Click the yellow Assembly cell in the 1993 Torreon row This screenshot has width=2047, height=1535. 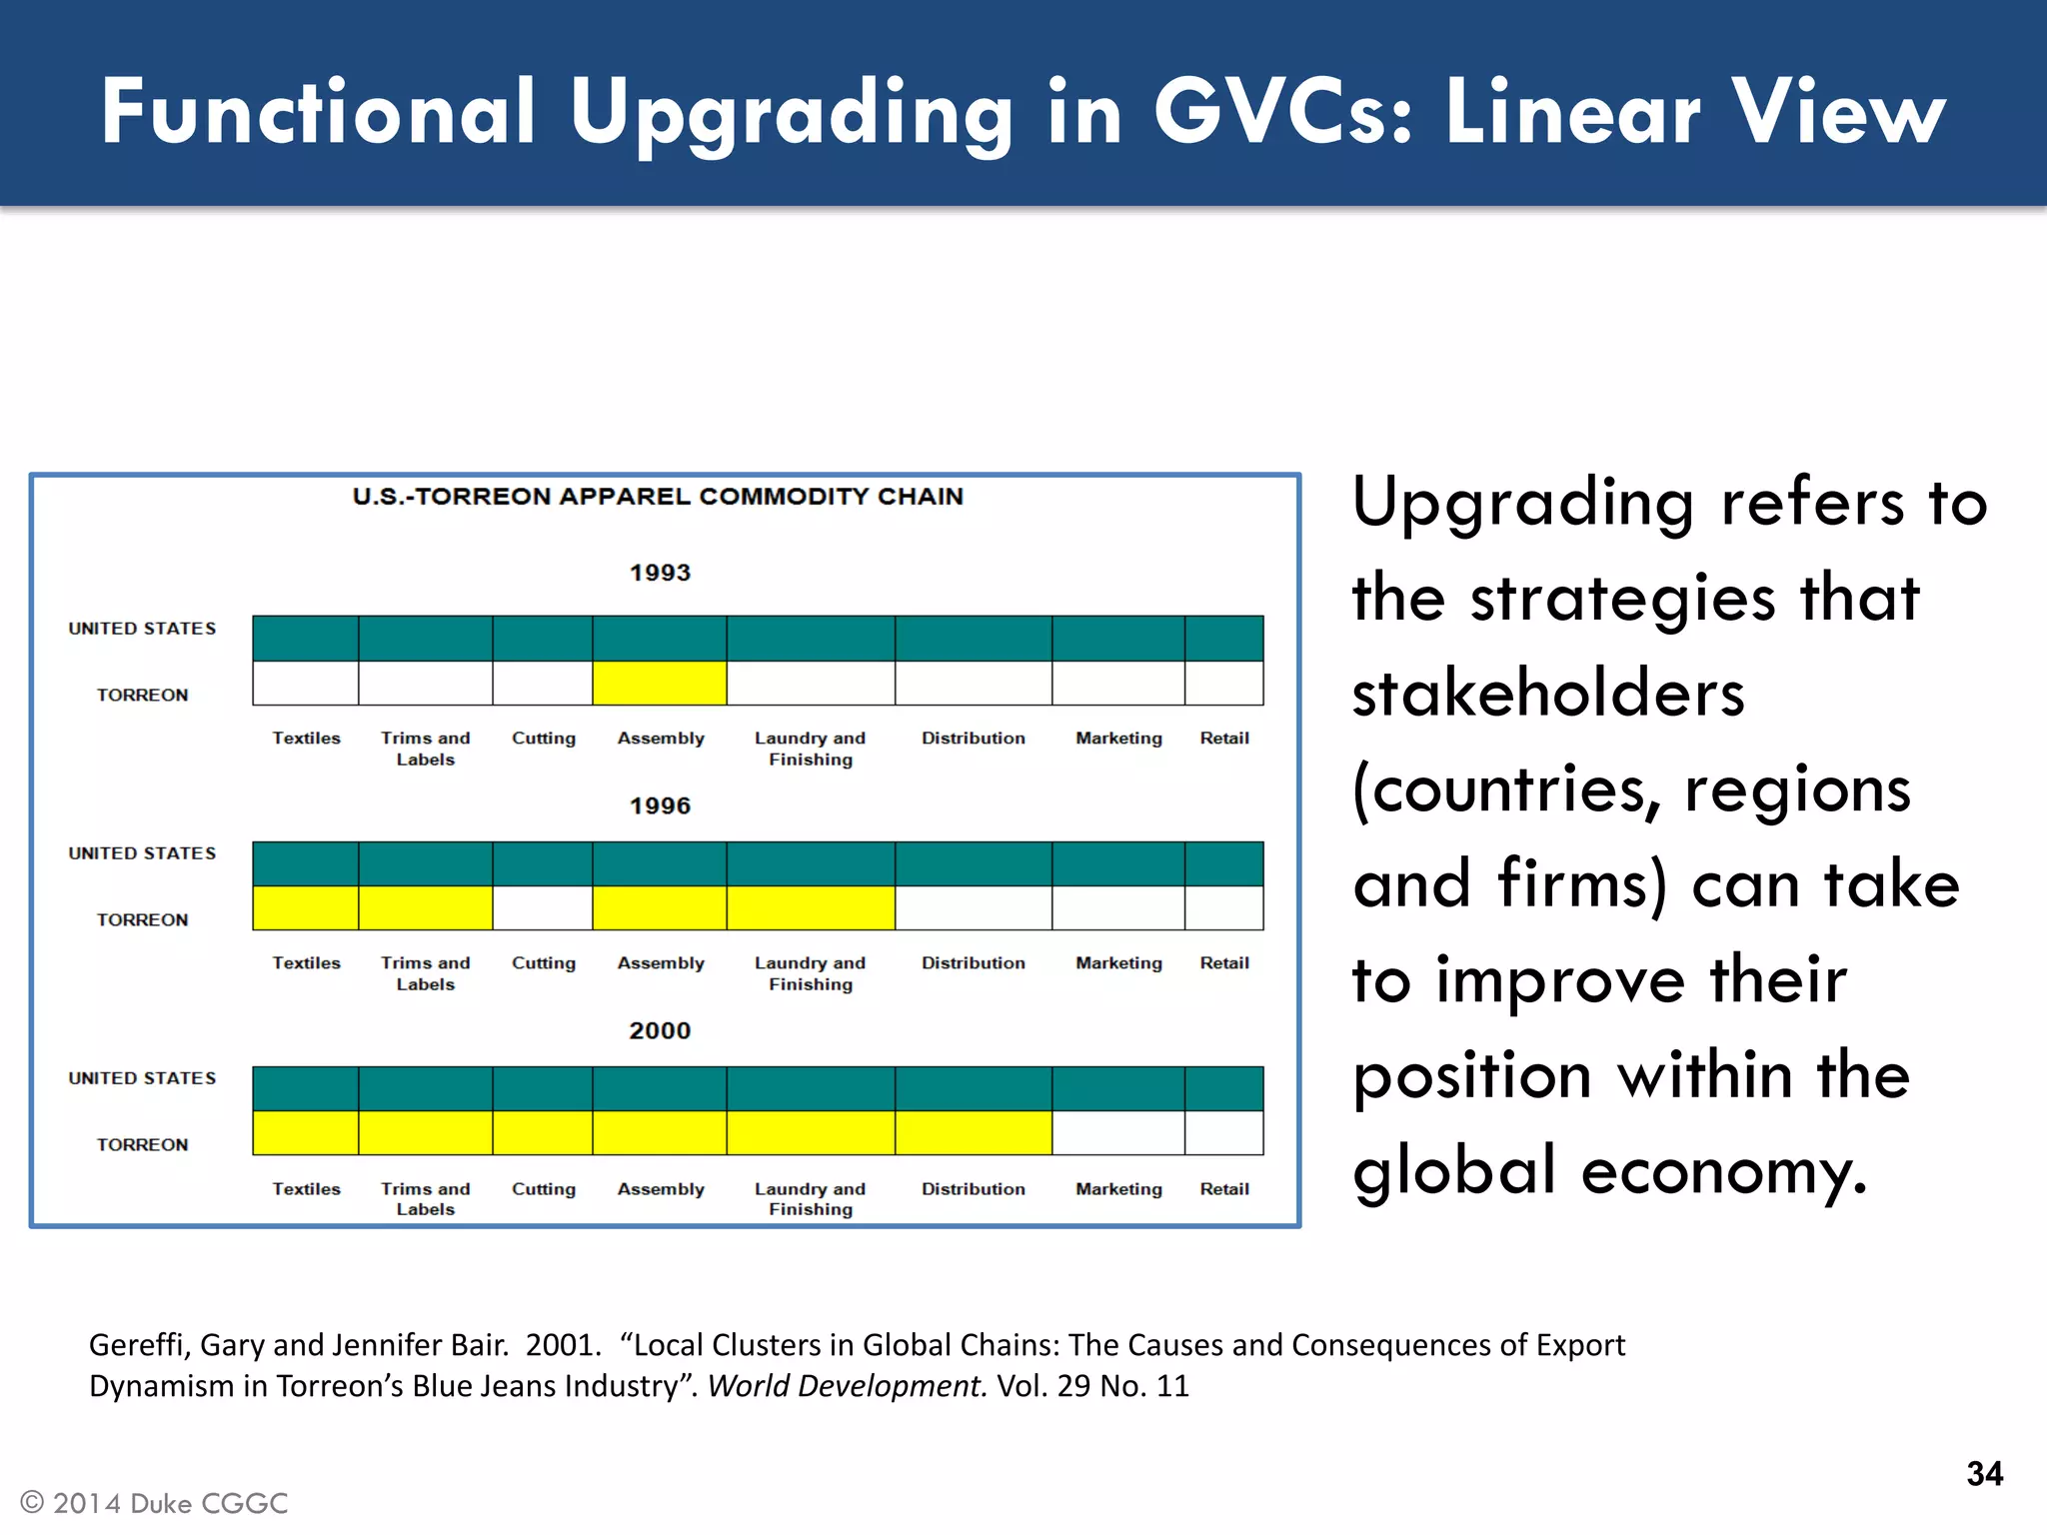(x=659, y=684)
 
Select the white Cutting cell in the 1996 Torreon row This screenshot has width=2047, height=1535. (x=543, y=908)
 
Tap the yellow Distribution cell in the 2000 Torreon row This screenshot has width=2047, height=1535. (x=973, y=1133)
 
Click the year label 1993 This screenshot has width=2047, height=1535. (x=660, y=573)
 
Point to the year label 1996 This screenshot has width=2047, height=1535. (x=660, y=805)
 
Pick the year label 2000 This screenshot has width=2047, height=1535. (x=660, y=1030)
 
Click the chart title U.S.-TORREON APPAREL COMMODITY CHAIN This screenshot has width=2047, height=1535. (x=658, y=497)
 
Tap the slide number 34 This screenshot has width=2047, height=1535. (x=1984, y=1473)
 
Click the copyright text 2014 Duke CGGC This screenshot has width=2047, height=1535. (x=170, y=1503)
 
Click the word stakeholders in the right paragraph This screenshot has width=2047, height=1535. (x=1548, y=693)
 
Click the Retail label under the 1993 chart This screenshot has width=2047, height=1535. (x=1224, y=739)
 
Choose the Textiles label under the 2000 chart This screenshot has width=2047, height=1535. (x=306, y=1189)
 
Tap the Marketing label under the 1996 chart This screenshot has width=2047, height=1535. (x=1118, y=963)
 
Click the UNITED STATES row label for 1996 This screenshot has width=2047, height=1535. (x=142, y=853)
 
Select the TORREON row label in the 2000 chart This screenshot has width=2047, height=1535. (x=142, y=1144)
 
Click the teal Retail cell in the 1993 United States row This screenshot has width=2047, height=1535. (x=1224, y=639)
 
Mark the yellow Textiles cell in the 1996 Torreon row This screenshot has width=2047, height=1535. (x=305, y=908)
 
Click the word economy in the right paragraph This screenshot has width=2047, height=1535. (x=1723, y=1170)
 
